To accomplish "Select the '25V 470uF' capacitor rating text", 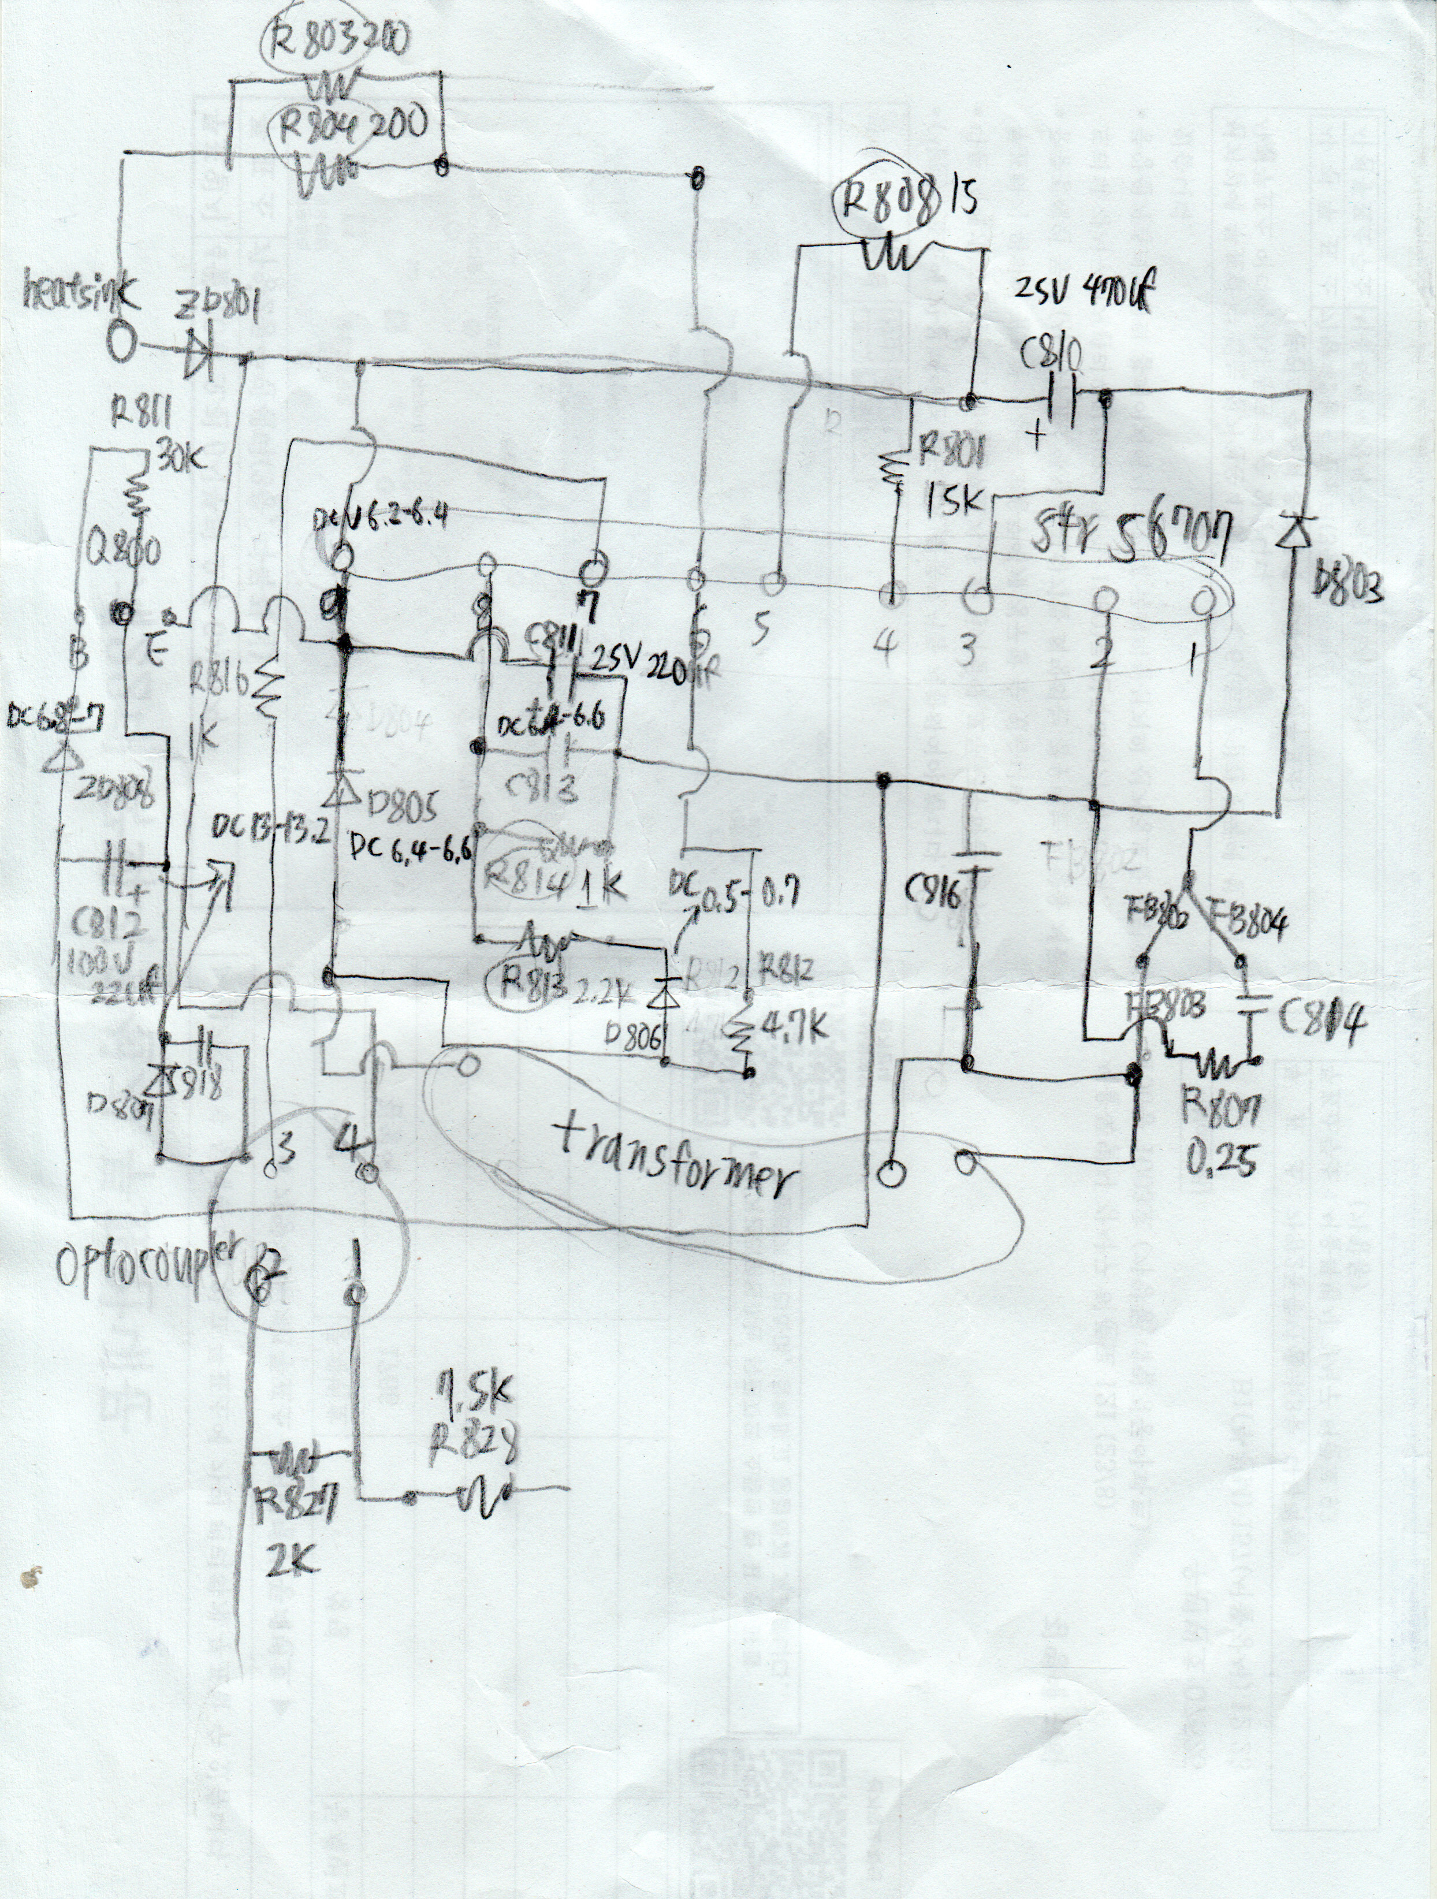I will pos(1084,297).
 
